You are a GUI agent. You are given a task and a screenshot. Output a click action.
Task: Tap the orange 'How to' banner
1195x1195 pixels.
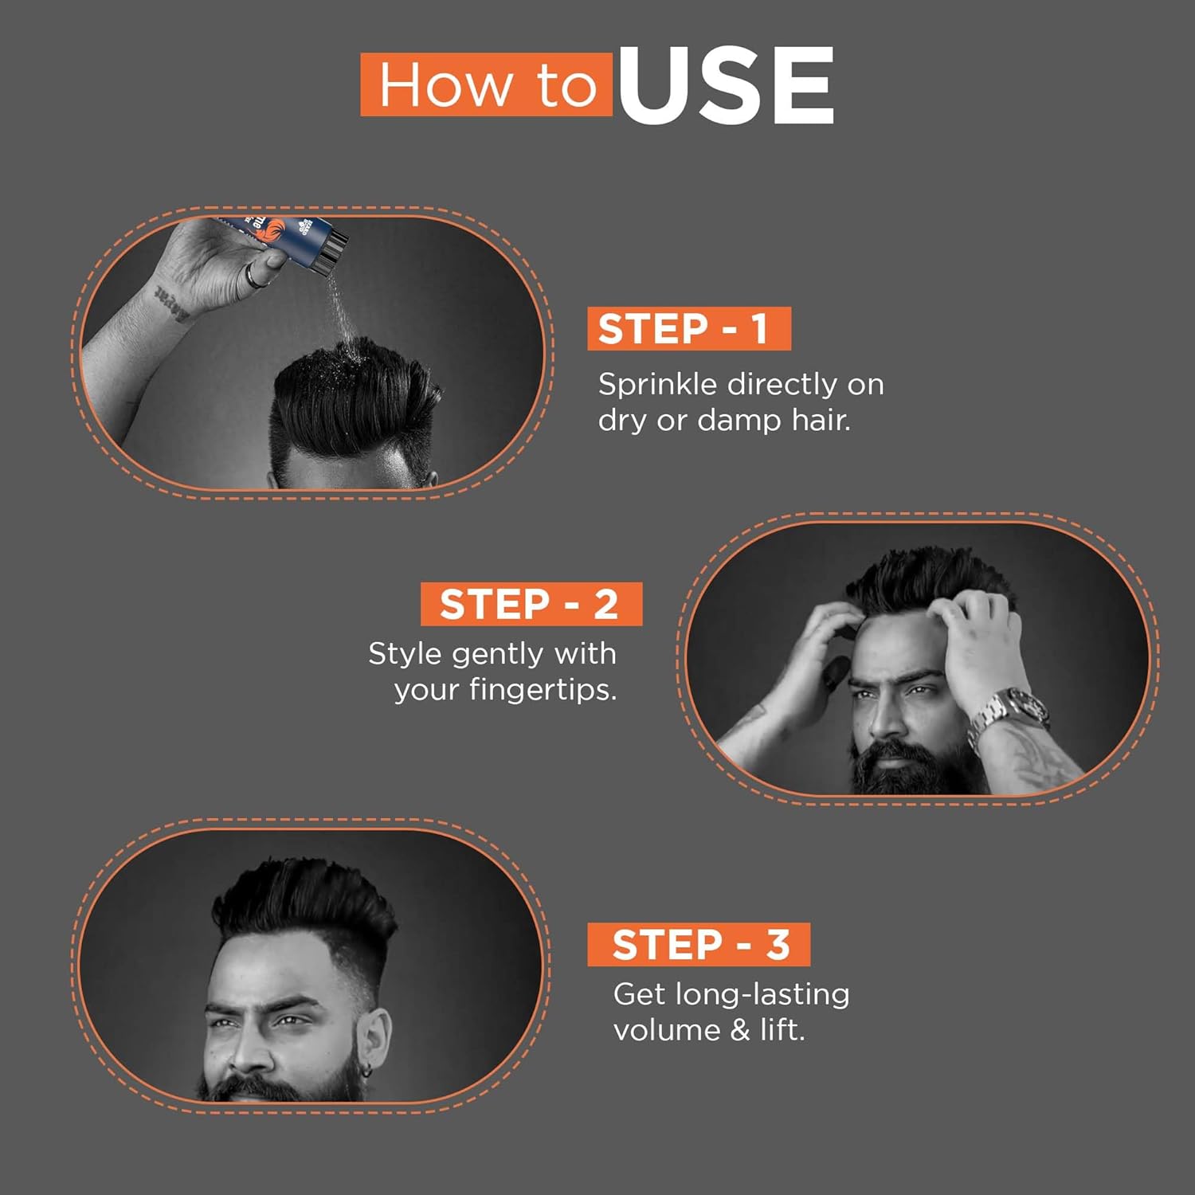487,85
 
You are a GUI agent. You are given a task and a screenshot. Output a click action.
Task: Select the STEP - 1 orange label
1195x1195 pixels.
688,328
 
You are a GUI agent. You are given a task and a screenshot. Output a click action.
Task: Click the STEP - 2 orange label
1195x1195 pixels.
531,604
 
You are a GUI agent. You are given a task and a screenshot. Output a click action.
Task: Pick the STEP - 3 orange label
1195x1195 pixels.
699,944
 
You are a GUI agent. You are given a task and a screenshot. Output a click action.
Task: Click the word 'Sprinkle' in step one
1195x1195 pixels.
657,385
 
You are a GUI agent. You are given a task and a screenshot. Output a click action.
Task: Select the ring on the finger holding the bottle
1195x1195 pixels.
253,276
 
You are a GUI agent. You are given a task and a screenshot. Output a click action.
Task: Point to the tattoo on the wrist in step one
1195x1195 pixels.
174,303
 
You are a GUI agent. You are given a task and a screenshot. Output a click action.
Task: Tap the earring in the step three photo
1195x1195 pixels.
366,1072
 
